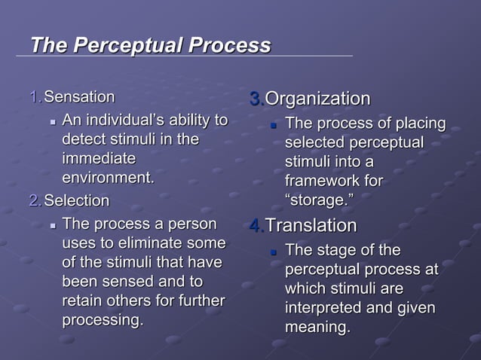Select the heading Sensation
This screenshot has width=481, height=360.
click(79, 97)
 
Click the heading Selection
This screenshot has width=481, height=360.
click(76, 201)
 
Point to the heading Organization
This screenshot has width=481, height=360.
click(318, 99)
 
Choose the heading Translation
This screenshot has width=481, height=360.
click(311, 226)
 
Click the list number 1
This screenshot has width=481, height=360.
click(34, 97)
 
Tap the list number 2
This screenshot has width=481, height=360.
click(34, 201)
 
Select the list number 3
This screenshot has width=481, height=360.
click(256, 99)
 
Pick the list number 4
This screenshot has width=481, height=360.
click(256, 226)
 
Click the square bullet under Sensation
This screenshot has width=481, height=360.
click(52, 121)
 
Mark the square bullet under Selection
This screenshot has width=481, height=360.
click(52, 225)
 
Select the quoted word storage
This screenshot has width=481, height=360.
click(320, 200)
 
